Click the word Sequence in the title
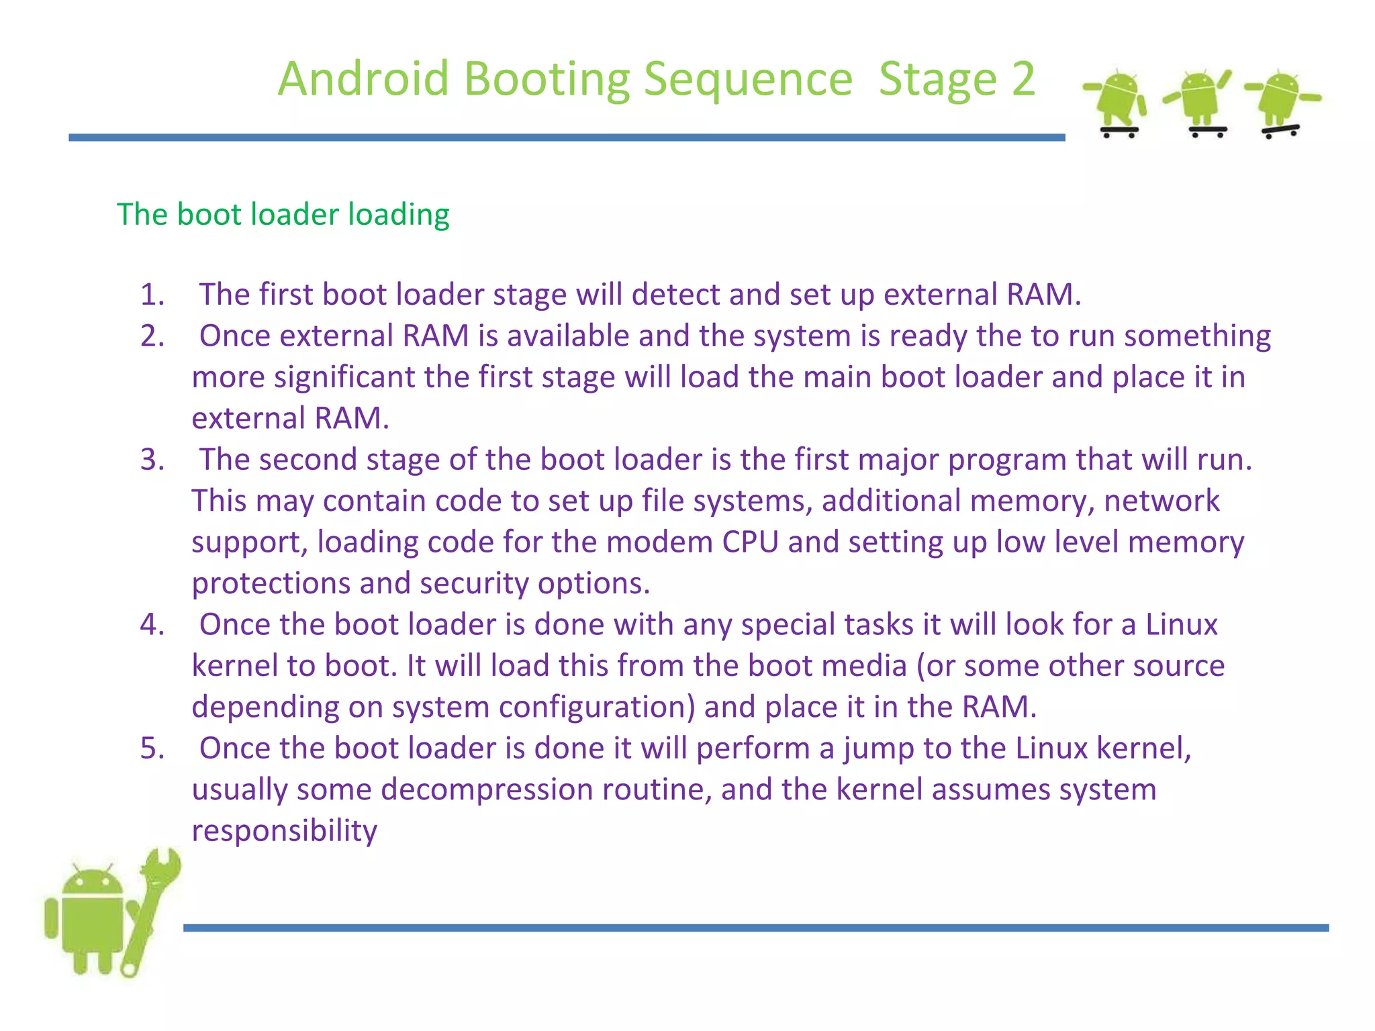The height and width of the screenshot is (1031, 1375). (748, 80)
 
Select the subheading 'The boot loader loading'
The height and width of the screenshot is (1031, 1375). (283, 215)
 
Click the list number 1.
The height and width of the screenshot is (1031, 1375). (152, 295)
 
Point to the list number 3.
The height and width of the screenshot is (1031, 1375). (152, 460)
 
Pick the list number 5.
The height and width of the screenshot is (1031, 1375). (152, 748)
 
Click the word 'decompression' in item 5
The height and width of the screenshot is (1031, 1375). (487, 790)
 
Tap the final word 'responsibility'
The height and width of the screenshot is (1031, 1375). (285, 831)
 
